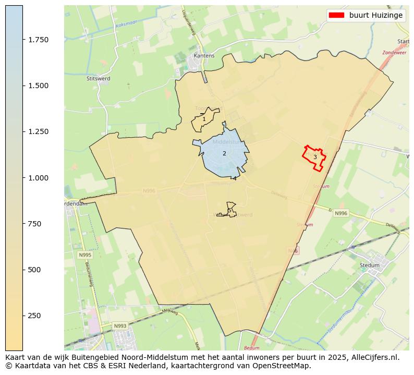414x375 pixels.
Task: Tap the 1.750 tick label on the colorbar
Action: tap(38, 40)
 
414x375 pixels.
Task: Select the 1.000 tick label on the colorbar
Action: tap(38, 178)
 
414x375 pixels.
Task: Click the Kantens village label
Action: tap(204, 55)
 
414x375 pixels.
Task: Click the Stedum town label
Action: tap(370, 265)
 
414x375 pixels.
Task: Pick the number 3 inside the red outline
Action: tap(315, 157)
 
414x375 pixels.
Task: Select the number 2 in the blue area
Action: tap(224, 153)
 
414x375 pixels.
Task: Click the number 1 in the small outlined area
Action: tap(204, 119)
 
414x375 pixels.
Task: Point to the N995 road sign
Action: tap(85, 255)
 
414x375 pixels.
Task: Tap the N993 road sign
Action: tap(120, 326)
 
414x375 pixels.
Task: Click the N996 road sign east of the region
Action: tap(341, 213)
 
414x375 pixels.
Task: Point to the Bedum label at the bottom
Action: tap(251, 347)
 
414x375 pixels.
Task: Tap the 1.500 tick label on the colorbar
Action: tap(38, 86)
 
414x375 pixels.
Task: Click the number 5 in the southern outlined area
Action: tap(229, 210)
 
